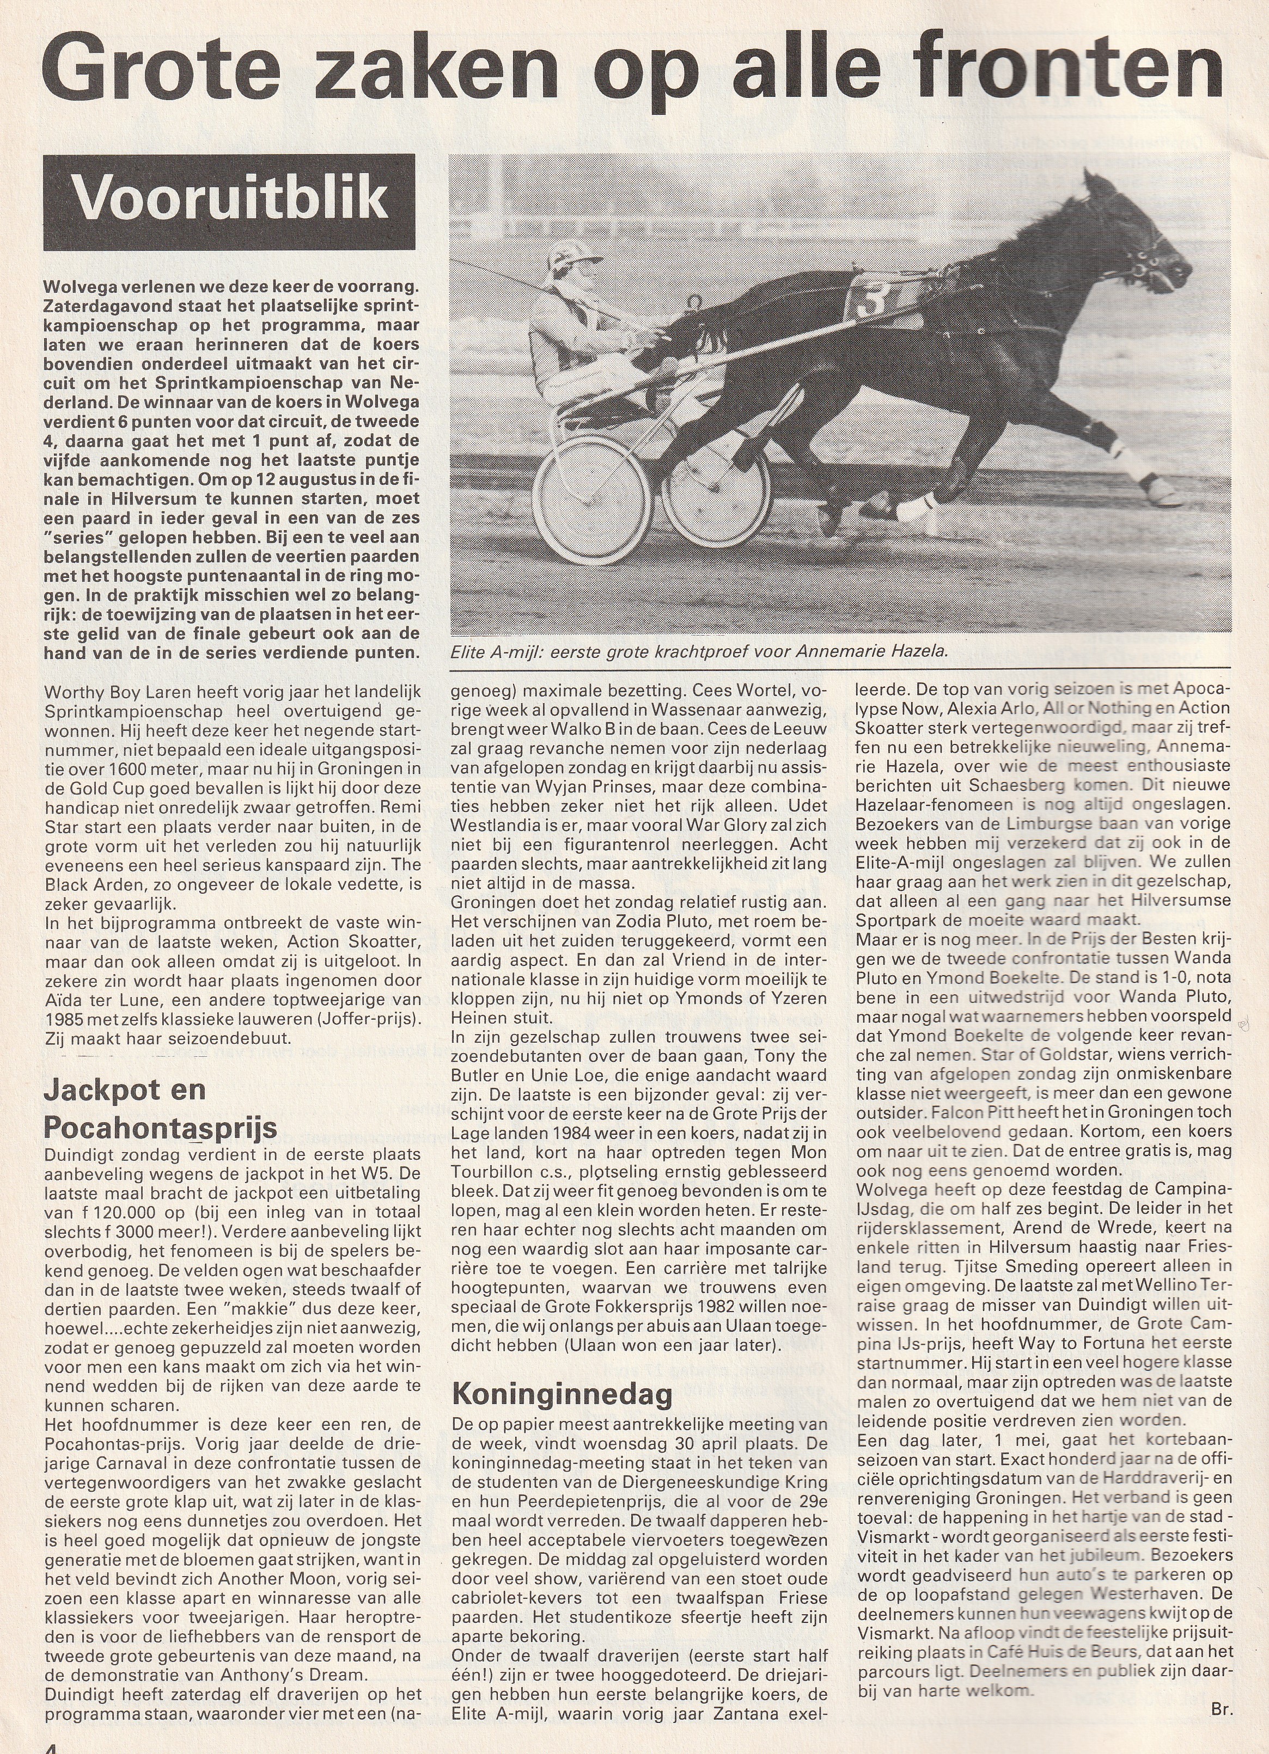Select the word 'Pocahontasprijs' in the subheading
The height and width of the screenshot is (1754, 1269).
click(x=160, y=1128)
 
